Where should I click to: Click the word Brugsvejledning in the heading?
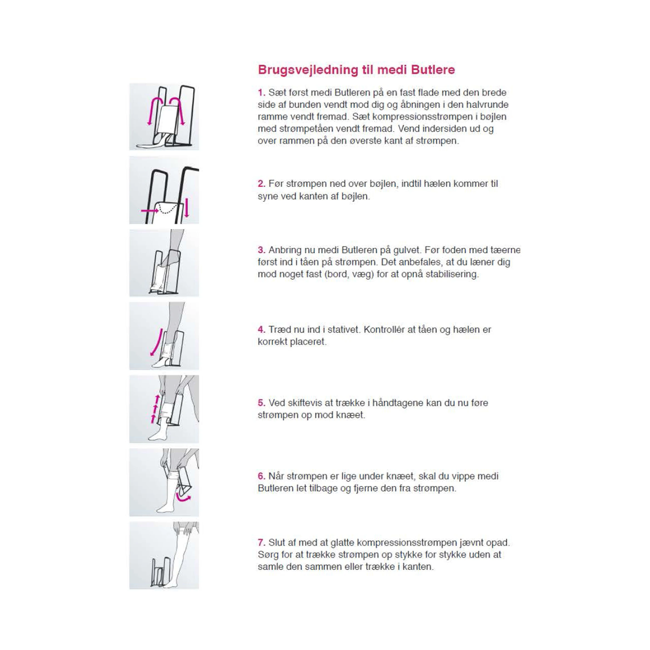(x=308, y=70)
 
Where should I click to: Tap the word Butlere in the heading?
(x=433, y=70)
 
